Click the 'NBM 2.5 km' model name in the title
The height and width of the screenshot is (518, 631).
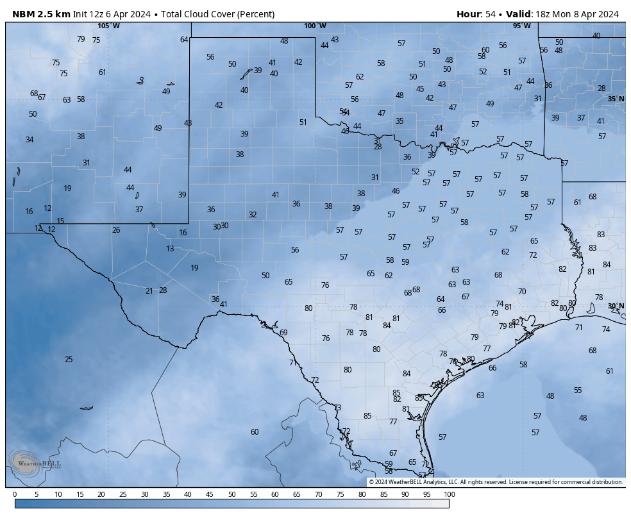coord(41,14)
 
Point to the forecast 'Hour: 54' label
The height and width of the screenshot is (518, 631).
coord(479,14)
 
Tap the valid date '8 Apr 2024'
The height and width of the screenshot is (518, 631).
coord(593,14)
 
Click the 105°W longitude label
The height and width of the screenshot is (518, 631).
coord(108,26)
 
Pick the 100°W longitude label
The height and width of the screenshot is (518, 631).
coord(315,26)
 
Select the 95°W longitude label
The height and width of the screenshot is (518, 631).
coord(521,26)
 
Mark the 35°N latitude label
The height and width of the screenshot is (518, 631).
coord(616,99)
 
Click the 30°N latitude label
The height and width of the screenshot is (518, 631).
coord(616,306)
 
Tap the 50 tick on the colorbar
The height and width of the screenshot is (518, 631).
coord(231,494)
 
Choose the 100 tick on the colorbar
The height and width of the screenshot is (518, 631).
coord(449,494)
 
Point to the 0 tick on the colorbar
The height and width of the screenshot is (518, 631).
coord(15,494)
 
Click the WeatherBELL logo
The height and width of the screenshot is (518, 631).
coord(35,462)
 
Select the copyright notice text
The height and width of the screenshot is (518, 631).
coord(496,482)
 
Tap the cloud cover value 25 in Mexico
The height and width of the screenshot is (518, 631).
coord(69,360)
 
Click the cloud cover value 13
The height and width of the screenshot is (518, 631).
coord(170,249)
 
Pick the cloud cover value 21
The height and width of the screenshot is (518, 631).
coord(149,291)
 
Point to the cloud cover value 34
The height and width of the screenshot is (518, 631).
coord(29,140)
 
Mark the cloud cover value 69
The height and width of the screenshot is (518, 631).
coord(283,333)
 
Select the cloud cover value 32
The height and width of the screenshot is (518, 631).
coord(253,215)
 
